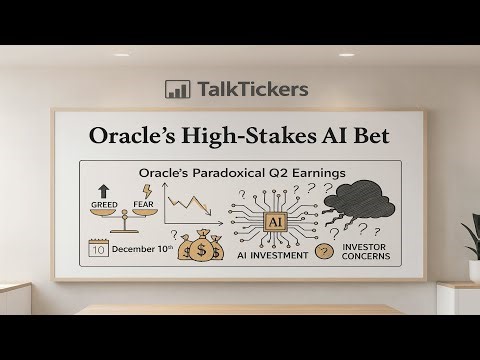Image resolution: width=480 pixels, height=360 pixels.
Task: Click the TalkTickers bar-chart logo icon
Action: tap(177, 89)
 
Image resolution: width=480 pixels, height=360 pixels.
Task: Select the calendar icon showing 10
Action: tap(99, 249)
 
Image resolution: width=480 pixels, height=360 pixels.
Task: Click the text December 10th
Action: tap(143, 249)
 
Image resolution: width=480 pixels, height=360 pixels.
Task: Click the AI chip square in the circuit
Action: tap(272, 220)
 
